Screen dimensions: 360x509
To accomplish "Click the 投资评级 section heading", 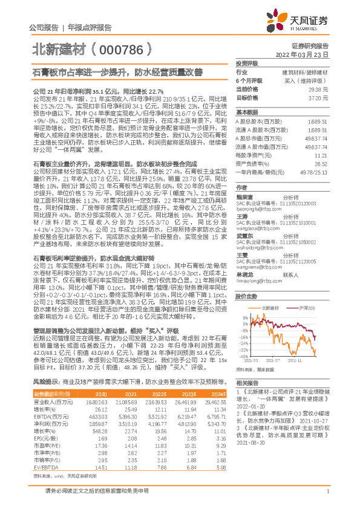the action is [247, 63].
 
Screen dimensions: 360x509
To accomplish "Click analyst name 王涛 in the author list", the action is [242, 200].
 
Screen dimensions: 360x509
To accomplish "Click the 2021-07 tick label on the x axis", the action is [278, 363].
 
